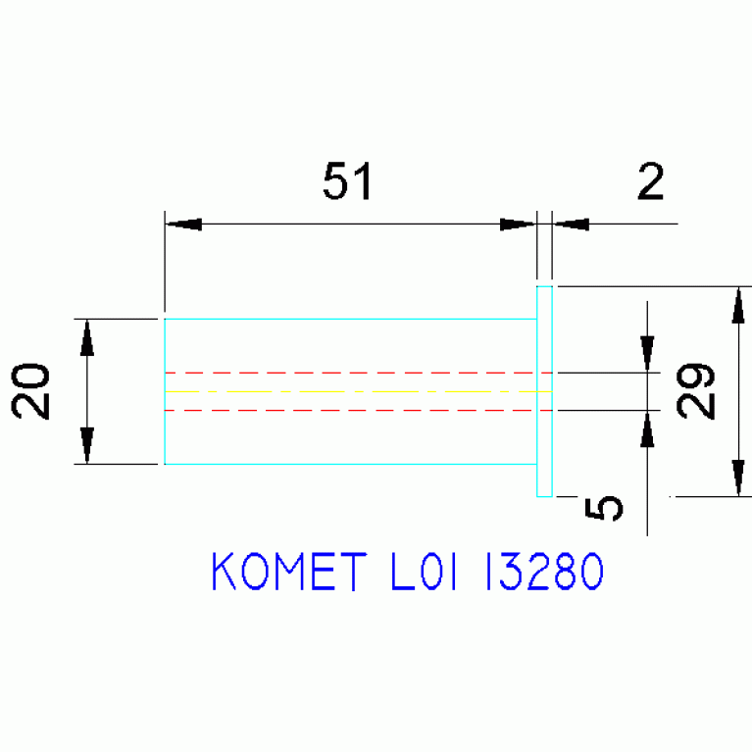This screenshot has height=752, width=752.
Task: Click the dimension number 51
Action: pyautogui.click(x=348, y=180)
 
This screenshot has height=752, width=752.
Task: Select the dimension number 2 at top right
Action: pyautogui.click(x=651, y=181)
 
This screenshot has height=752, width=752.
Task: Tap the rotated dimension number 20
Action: pyautogui.click(x=30, y=391)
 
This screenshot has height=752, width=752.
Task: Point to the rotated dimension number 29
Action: pyautogui.click(x=695, y=391)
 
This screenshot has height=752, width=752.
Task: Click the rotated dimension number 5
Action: pyautogui.click(x=604, y=509)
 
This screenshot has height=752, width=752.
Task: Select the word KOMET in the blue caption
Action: pyautogui.click(x=289, y=572)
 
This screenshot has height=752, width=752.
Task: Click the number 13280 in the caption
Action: pyautogui.click(x=544, y=572)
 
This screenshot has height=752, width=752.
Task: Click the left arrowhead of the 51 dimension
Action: pyautogui.click(x=183, y=224)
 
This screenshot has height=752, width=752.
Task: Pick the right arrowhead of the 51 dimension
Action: pyautogui.click(x=518, y=224)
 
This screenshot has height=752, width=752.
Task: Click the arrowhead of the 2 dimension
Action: pyautogui.click(x=571, y=224)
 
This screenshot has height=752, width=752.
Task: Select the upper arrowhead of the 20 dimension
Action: pyautogui.click(x=87, y=338)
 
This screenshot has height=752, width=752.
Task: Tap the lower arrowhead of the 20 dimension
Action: pyautogui.click(x=87, y=445)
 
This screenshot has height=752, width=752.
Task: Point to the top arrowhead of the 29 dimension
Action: pyautogui.click(x=738, y=306)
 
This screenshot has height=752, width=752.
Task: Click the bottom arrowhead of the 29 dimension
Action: pyautogui.click(x=738, y=477)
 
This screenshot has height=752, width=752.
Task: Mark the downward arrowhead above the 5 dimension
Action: pyautogui.click(x=647, y=354)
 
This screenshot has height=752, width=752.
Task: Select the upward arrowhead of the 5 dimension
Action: pyautogui.click(x=647, y=428)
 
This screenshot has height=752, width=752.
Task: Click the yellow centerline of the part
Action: pyautogui.click(x=358, y=392)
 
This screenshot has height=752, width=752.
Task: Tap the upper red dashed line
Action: pyautogui.click(x=358, y=373)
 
